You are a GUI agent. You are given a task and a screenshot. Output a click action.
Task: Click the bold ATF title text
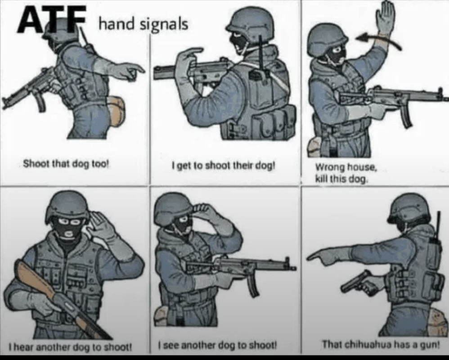coord(52,19)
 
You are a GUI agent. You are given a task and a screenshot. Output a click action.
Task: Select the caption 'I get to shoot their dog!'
coord(223,166)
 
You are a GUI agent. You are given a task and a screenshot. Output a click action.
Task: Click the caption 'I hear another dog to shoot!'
coord(70,347)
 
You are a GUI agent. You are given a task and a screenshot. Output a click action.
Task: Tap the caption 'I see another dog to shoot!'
coord(218,345)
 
